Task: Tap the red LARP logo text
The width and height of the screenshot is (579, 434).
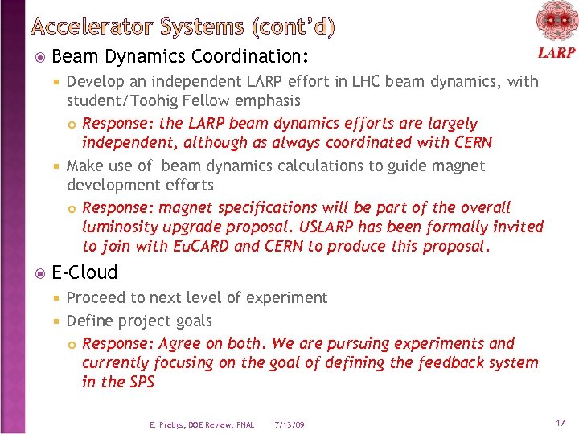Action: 556,53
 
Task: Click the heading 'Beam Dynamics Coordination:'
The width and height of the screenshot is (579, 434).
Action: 180,57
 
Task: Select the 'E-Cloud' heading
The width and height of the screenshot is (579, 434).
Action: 84,272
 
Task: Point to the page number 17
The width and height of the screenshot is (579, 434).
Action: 560,422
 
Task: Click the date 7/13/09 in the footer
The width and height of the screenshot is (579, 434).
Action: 289,424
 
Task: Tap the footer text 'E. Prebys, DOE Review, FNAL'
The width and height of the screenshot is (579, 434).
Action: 201,424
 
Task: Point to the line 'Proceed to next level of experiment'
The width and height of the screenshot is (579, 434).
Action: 196,297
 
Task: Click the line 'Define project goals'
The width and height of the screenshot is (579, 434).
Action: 139,321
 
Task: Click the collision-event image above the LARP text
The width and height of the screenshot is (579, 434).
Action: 556,21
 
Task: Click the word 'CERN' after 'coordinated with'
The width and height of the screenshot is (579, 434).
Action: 470,142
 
